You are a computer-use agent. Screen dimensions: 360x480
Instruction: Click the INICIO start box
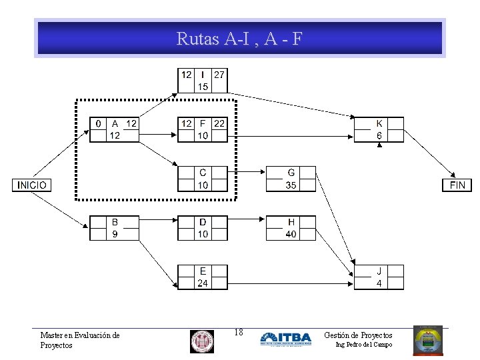click(x=31, y=185)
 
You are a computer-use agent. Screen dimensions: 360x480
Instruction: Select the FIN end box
click(x=457, y=185)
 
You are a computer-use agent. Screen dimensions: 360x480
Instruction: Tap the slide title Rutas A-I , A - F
click(x=239, y=39)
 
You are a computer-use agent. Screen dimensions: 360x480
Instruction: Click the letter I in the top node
click(x=203, y=75)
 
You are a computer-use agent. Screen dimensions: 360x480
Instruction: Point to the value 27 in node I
click(x=219, y=75)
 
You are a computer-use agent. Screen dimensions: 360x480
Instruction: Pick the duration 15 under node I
click(x=203, y=87)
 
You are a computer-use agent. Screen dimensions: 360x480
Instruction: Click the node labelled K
click(x=379, y=129)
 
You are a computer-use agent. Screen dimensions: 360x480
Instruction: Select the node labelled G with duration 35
click(x=291, y=179)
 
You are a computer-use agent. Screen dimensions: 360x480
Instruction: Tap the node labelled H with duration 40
click(x=291, y=228)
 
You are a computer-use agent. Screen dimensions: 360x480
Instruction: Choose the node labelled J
click(x=379, y=277)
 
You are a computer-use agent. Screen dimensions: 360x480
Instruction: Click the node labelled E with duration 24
click(x=203, y=277)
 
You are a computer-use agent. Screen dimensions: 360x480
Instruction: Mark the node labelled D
click(x=203, y=228)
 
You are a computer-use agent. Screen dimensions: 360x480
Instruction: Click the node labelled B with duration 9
click(x=115, y=228)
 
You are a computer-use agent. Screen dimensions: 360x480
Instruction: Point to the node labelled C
click(x=203, y=179)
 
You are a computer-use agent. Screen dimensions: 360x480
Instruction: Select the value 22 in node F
click(x=219, y=123)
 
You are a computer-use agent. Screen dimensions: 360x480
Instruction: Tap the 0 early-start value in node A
click(x=99, y=123)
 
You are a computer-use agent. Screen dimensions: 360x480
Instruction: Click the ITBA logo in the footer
click(x=285, y=339)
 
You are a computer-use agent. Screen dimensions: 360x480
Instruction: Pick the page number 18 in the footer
click(x=239, y=332)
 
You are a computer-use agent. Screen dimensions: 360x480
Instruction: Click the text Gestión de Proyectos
click(x=358, y=335)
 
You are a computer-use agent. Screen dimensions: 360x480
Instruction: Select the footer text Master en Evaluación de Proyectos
click(x=79, y=340)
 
